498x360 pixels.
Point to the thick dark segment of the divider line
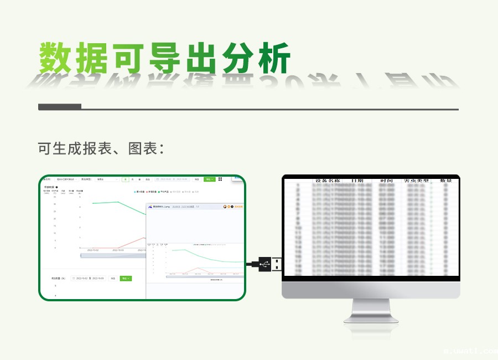(60, 107)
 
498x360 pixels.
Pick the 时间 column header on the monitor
(386, 181)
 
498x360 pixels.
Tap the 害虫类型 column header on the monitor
(416, 181)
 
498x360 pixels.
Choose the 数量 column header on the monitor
(446, 181)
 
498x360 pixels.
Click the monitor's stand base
(370, 318)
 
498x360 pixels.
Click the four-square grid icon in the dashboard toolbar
(220, 179)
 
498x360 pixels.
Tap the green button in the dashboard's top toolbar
(209, 179)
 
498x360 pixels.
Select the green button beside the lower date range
(126, 278)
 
